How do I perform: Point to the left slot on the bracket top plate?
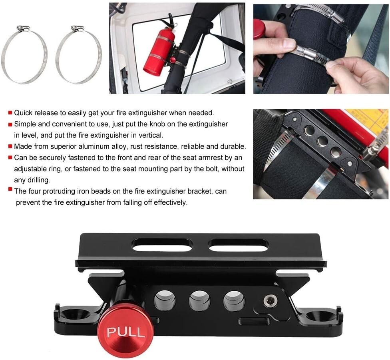tap(162, 245)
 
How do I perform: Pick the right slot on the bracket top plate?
tap(239, 245)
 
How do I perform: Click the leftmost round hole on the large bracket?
tap(165, 301)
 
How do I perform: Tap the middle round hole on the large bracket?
tap(200, 301)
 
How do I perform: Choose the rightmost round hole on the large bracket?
tap(234, 301)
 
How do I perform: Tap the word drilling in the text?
tap(38, 180)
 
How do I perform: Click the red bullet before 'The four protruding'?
tap(10, 190)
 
